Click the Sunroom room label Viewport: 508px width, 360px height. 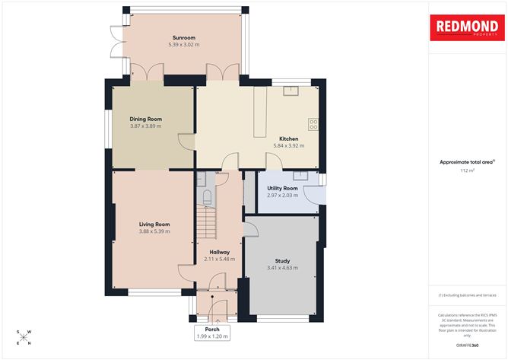coord(184,37)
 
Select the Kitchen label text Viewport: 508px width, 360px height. coord(288,139)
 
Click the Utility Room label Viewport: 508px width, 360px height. coord(282,188)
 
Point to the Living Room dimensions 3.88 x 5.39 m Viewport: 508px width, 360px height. coord(154,232)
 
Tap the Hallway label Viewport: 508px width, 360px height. coord(219,251)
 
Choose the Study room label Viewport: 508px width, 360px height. coord(282,261)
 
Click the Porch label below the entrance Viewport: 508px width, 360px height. coord(212,329)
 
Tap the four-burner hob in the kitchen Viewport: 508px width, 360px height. coord(313,123)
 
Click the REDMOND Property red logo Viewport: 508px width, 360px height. coord(466,27)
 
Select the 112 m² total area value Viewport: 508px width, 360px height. coord(466,171)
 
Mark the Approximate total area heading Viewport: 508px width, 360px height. coord(466,162)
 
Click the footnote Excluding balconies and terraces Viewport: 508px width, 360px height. coord(466,295)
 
